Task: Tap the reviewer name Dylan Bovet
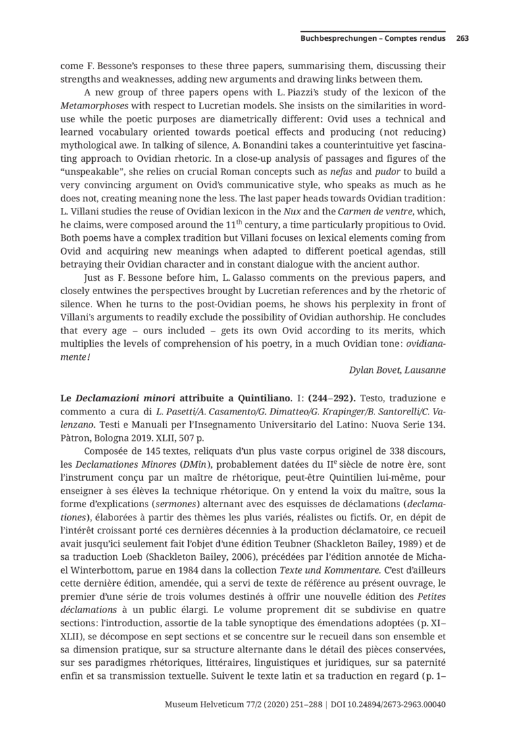(374, 370)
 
